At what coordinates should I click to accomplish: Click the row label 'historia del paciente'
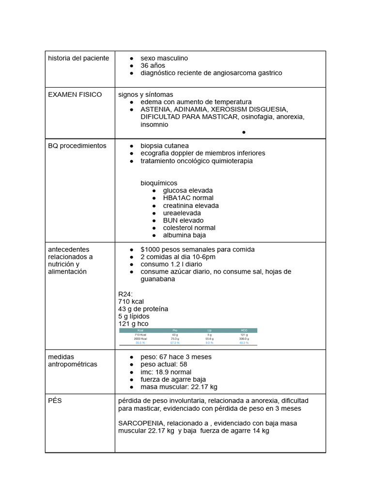coord(78,58)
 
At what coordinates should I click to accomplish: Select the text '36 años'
coord(153,65)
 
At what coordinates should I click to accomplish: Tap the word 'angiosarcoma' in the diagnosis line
coord(232,73)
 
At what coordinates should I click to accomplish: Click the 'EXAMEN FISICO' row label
coord(75,94)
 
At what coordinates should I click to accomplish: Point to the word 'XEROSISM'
coord(227,109)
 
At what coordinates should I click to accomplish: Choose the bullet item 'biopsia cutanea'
coord(165,146)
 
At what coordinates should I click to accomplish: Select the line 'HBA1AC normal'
coord(188,198)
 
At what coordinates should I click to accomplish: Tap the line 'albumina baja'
coord(184,235)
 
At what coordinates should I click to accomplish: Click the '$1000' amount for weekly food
coord(150,249)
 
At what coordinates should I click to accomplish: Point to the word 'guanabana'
coord(157,279)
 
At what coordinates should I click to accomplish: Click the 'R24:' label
coord(125,294)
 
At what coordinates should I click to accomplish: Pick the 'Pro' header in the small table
coord(175,330)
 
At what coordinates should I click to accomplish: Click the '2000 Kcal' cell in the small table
coord(140,339)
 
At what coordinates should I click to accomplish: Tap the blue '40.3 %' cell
coord(244,342)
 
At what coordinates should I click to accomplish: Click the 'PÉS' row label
coord(55,401)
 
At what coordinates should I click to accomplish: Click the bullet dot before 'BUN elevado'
coord(154,220)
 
